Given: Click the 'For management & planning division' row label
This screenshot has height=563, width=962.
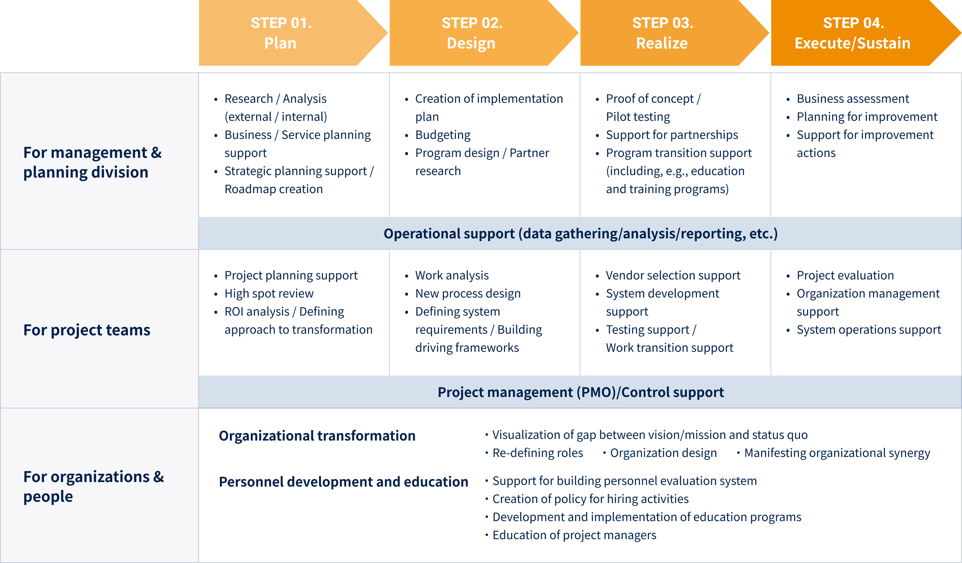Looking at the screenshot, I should point(92,162).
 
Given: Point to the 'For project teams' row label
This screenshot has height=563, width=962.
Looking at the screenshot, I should point(87,330).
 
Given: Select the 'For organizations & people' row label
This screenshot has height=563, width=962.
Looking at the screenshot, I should point(93,486).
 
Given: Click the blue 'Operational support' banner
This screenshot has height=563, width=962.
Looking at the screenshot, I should point(580,233).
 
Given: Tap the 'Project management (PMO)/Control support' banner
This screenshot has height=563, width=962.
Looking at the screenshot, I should point(580,392).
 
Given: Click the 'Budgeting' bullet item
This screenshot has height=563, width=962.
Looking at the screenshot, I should point(443,135).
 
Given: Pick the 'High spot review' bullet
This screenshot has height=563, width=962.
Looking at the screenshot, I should point(269,293).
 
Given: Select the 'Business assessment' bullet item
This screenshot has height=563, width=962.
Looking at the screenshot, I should point(853,99).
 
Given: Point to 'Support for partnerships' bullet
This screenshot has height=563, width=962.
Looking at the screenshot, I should point(672,135).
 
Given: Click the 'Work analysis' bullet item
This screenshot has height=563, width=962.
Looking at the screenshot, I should point(452,275).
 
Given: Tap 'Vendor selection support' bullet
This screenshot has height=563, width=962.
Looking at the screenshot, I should point(673,275).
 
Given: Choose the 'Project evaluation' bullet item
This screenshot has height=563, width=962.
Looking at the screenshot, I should point(845,275).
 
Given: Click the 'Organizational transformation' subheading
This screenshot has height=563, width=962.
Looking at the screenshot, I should point(317,436).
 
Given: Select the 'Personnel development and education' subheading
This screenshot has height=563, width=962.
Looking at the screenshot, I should point(343,482).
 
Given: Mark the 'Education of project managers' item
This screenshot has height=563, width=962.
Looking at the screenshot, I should point(574,535).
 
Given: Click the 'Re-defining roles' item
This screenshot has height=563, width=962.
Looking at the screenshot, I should point(538,453).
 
